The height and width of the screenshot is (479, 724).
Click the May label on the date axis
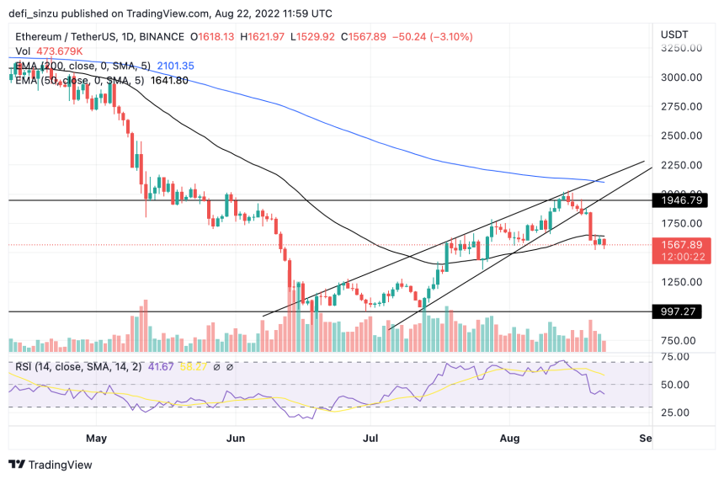coord(98,438)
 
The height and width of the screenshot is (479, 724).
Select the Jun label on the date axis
coord(237,438)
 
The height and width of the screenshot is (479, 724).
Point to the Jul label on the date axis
coord(370,438)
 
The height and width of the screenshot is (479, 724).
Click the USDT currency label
coord(674,33)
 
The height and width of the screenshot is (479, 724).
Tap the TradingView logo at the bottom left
coord(51,465)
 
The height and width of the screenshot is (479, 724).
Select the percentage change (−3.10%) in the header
coord(448,37)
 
